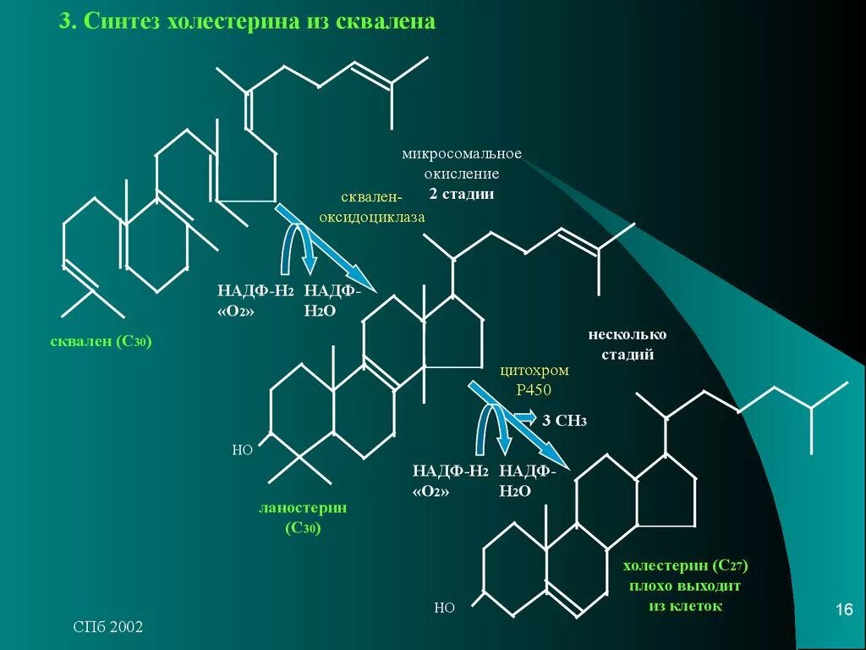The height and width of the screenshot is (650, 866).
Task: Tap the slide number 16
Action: pyautogui.click(x=843, y=610)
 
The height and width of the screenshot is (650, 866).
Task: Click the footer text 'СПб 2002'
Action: pyautogui.click(x=107, y=627)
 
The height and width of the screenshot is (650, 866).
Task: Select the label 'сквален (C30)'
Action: pyautogui.click(x=99, y=342)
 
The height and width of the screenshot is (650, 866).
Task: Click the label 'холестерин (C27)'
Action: pyautogui.click(x=686, y=565)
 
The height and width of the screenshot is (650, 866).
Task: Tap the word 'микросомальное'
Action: pyautogui.click(x=462, y=154)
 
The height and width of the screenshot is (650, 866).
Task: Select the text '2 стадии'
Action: pyautogui.click(x=461, y=194)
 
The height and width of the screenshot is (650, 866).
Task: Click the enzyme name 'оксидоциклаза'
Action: pyautogui.click(x=371, y=217)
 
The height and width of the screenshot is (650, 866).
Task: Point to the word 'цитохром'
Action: pyautogui.click(x=534, y=371)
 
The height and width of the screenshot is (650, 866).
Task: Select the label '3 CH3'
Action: pyautogui.click(x=565, y=421)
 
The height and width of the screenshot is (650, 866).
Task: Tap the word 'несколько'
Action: pyautogui.click(x=628, y=334)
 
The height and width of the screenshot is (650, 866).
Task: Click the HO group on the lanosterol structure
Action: pyautogui.click(x=243, y=450)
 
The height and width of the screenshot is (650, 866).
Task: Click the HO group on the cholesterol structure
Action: pyautogui.click(x=444, y=607)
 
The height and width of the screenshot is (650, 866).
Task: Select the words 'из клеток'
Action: pyautogui.click(x=686, y=606)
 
